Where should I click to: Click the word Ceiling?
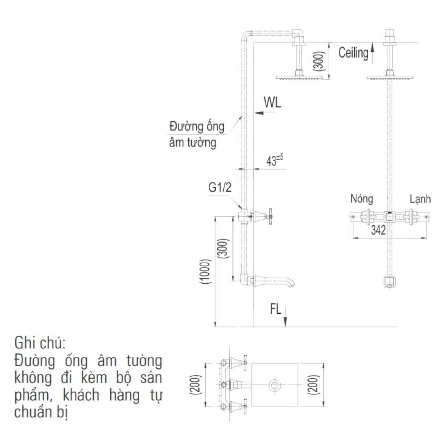pyautogui.click(x=353, y=53)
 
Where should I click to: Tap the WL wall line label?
pyautogui.click(x=272, y=103)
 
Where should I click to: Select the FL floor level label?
pyautogui.click(x=276, y=309)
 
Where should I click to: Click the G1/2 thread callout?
pyautogui.click(x=220, y=188)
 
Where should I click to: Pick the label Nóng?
pyautogui.click(x=361, y=198)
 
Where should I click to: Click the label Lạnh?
pyautogui.click(x=420, y=199)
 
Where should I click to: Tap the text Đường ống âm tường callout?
pyautogui.click(x=196, y=134)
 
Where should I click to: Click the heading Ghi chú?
pyautogui.click(x=40, y=343)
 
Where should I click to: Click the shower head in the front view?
pyautogui.click(x=390, y=78)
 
